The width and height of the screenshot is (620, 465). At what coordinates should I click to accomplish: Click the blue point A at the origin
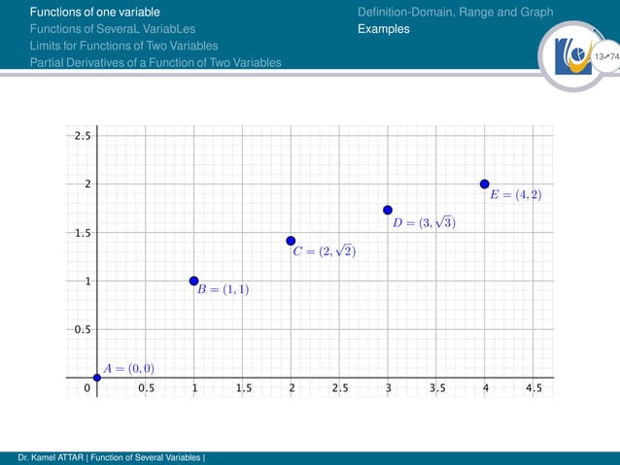pos(96,378)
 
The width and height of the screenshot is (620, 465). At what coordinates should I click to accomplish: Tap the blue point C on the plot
pos(291,241)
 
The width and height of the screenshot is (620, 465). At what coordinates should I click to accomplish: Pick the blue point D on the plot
pos(388,210)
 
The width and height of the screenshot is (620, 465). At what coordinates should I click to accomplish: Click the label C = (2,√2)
pos(325,251)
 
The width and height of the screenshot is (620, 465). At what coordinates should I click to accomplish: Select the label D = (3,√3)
pos(424,222)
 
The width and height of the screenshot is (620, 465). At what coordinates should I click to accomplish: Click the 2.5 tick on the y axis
pos(83,136)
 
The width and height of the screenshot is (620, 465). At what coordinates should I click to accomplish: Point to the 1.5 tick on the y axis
pos(83,233)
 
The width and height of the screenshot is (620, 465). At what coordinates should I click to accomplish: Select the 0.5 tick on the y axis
pos(83,329)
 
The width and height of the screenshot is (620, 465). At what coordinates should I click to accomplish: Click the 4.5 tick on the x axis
pos(534,388)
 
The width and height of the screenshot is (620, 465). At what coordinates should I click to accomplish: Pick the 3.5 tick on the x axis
pos(437,388)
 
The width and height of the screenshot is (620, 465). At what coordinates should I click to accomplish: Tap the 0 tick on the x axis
pos(86,388)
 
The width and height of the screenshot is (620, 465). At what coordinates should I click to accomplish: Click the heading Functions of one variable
pos(92,12)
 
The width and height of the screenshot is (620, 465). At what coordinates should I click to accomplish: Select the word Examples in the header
pos(384,29)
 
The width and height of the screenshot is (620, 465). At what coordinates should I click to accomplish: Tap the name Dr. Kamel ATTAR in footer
pos(45,457)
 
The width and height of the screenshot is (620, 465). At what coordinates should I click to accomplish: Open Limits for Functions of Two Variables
pos(123,46)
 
